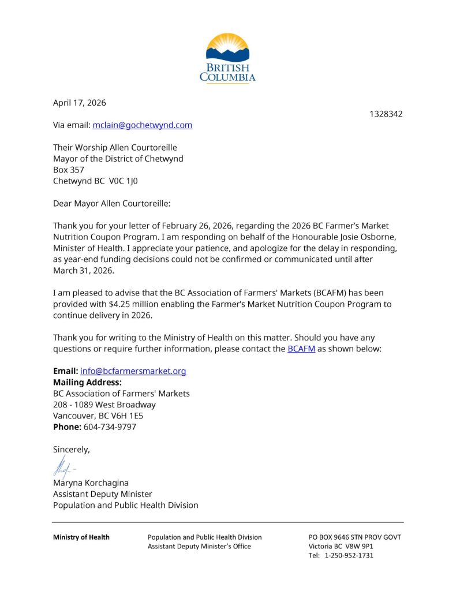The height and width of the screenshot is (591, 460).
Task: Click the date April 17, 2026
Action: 80,103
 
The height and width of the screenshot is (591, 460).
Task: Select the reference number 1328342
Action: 386,114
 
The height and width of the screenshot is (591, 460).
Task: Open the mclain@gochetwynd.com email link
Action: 142,125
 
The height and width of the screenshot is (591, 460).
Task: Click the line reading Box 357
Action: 69,170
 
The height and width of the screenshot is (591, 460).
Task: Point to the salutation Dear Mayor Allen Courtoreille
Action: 112,203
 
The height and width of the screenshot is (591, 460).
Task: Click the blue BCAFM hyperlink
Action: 301,349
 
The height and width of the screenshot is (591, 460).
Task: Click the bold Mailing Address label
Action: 87,382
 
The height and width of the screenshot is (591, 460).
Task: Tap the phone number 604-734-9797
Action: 110,427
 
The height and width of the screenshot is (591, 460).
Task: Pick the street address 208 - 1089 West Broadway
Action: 104,405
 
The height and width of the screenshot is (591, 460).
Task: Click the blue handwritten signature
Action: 62,466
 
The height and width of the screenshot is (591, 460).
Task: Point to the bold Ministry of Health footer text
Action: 81,537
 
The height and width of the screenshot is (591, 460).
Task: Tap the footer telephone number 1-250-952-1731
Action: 349,556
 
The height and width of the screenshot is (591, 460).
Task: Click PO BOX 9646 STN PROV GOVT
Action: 355,537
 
